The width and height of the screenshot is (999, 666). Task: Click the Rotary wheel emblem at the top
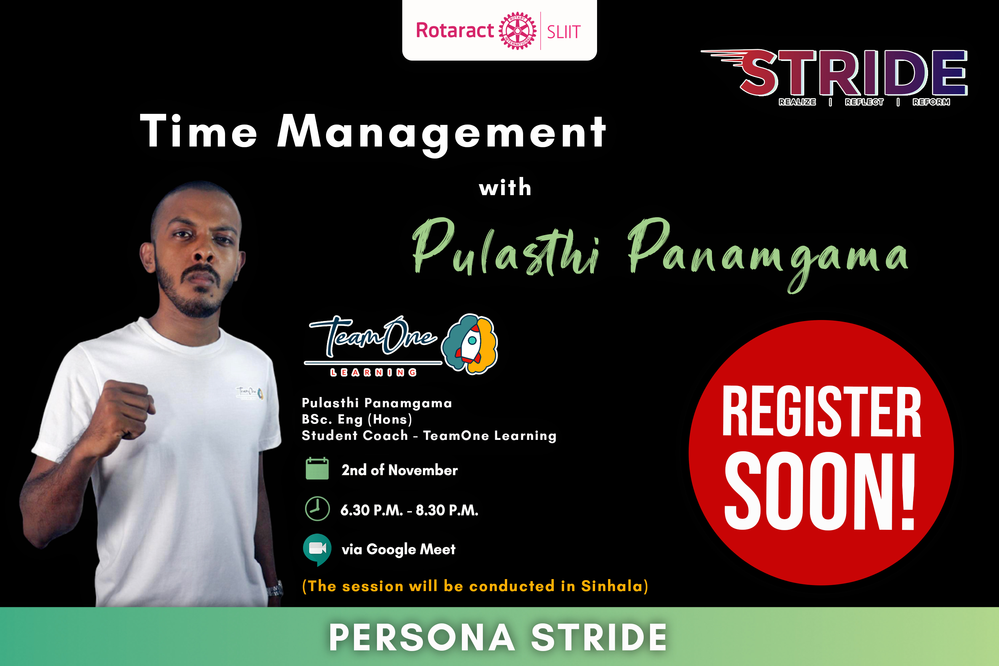517,31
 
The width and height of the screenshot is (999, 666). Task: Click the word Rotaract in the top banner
455,30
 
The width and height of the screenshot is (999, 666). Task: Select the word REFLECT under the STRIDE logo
864,102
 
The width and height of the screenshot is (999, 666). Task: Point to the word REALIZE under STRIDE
797,102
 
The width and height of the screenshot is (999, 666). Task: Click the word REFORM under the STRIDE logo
931,102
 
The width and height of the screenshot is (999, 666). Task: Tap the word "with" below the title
505,187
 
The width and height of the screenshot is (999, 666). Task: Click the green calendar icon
317,469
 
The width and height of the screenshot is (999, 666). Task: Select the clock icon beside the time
317,508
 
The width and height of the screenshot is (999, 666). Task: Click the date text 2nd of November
400,470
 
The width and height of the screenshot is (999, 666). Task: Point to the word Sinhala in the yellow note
612,586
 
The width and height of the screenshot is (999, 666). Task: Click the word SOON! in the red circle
820,491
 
